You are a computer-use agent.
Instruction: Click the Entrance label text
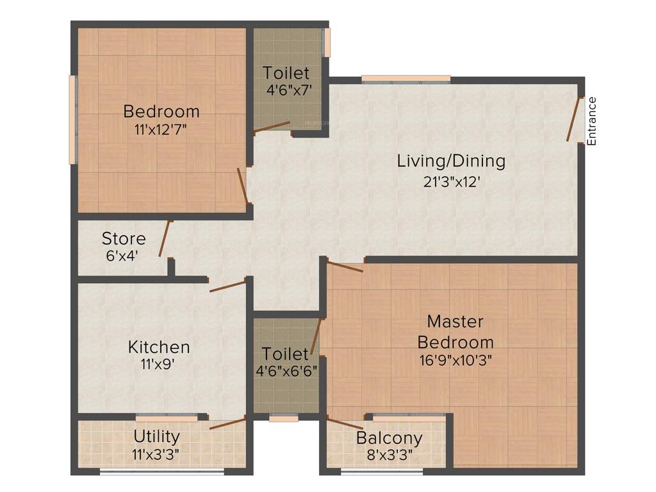click(592, 120)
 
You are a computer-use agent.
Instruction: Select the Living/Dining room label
click(451, 161)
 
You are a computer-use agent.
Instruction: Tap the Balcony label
click(389, 439)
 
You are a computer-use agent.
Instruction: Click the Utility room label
click(156, 436)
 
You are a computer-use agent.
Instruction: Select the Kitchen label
click(159, 347)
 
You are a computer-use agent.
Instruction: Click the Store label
click(124, 239)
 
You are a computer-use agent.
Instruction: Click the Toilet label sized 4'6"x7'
click(286, 73)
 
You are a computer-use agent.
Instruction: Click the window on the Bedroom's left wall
click(73, 120)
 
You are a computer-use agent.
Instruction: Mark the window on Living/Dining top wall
click(406, 79)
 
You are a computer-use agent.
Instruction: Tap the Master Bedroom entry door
click(345, 266)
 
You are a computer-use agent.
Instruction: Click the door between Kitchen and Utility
click(227, 423)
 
